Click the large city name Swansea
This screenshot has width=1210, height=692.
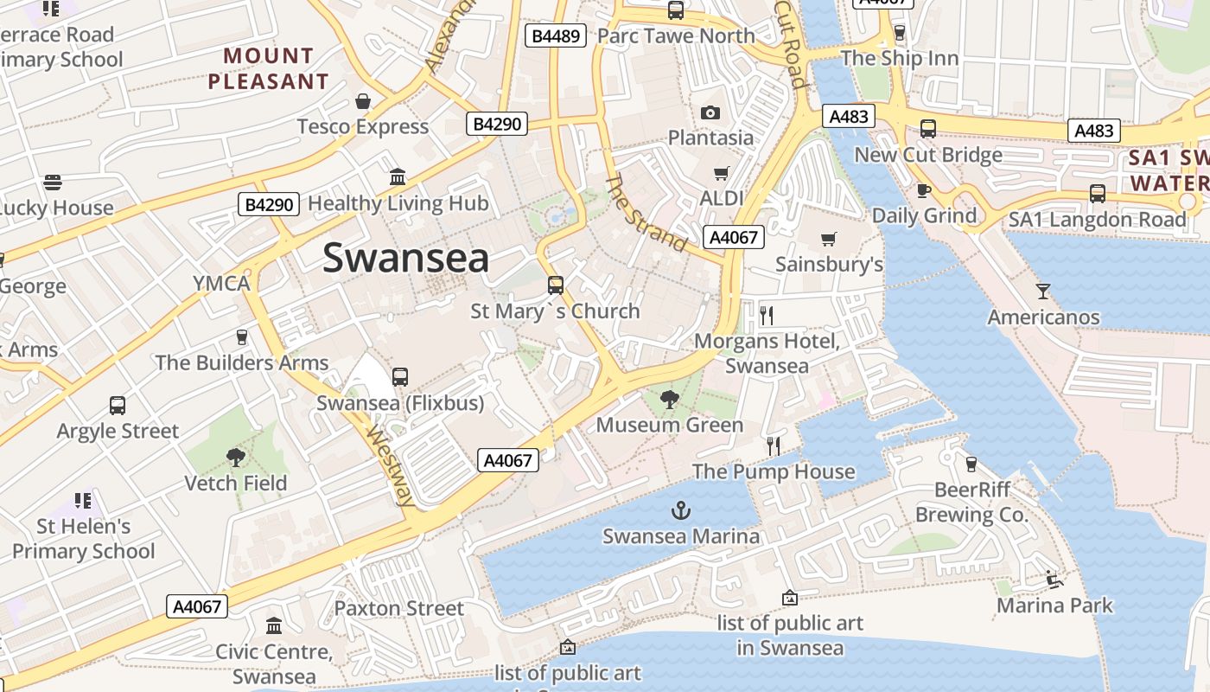point(406,259)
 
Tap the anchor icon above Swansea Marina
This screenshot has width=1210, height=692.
point(682,510)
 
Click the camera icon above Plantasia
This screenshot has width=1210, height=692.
point(710,112)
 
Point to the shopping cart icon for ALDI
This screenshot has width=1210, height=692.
point(721,173)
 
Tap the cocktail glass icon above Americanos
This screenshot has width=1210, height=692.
point(1043,291)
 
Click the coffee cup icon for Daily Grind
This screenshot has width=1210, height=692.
point(924,190)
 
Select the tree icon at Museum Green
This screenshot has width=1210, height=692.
point(669,399)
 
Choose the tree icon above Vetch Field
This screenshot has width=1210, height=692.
point(235,457)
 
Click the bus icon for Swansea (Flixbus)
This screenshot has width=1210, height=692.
point(399,377)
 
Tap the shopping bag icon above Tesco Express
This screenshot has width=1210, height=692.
point(363,101)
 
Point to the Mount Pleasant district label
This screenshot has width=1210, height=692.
point(268,69)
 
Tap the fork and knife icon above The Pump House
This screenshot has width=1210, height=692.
point(774,446)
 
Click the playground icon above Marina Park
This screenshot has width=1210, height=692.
point(1054,580)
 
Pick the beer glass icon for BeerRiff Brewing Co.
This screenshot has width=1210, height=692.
point(971,465)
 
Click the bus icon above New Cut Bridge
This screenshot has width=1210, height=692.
point(927,129)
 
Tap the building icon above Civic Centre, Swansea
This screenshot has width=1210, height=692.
point(274,625)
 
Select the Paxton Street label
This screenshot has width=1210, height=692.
point(399,608)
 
